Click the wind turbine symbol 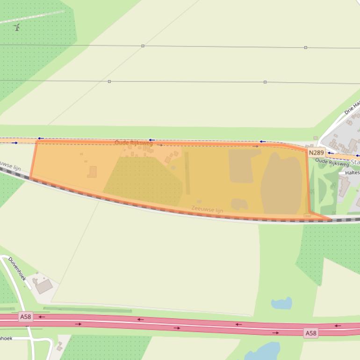click(17, 27)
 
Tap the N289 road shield click(317, 153)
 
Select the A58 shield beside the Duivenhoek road click(26, 317)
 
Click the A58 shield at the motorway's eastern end click(310, 333)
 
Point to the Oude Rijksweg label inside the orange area click(134, 143)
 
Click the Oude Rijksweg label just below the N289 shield click(332, 162)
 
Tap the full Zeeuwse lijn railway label click(207, 209)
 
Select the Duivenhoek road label click(17, 268)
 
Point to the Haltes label click(352, 173)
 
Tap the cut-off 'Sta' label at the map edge click(355, 162)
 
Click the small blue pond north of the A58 click(281, 303)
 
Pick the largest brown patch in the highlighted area click(282, 184)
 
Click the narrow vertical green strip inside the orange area click(187, 173)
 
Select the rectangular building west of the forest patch click(92, 172)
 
